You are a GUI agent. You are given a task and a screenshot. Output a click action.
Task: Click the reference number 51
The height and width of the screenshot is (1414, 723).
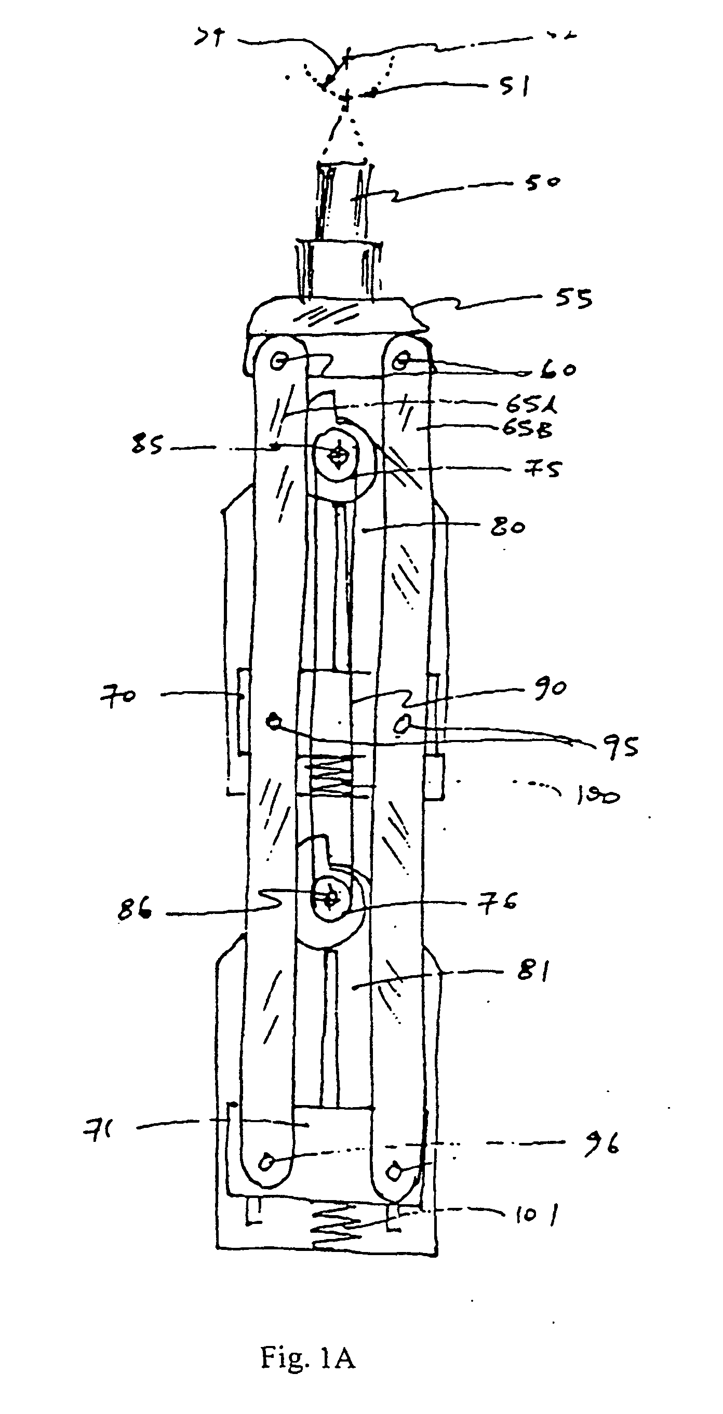[514, 86]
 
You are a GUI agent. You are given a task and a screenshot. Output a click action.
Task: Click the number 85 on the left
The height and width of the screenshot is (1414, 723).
[147, 445]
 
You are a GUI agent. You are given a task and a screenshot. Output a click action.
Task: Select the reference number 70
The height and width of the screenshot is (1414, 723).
[117, 696]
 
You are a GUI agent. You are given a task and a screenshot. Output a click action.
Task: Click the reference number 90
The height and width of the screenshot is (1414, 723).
[550, 689]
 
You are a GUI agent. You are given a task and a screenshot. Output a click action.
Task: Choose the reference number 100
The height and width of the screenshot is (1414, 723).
[597, 796]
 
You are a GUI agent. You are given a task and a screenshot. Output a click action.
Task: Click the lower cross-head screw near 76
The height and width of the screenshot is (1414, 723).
[330, 898]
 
